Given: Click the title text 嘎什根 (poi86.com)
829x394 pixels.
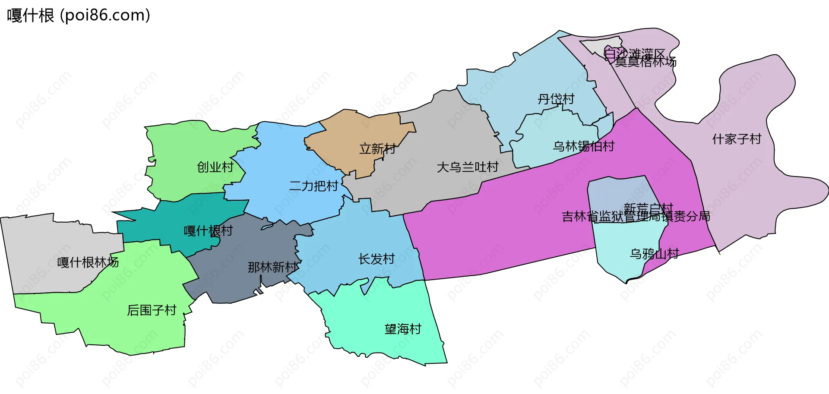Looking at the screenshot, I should pyautogui.click(x=79, y=16).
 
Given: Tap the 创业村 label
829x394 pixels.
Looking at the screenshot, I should pyautogui.click(x=215, y=167).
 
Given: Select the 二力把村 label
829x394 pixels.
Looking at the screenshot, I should pyautogui.click(x=313, y=186).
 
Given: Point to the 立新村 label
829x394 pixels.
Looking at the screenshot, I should pyautogui.click(x=378, y=149).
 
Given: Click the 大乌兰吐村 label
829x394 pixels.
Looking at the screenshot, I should pyautogui.click(x=468, y=167).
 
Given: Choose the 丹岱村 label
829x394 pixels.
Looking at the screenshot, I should pyautogui.click(x=556, y=99).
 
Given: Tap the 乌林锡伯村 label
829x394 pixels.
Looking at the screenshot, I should pyautogui.click(x=583, y=146).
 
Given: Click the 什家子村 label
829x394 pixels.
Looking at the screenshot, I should pyautogui.click(x=737, y=139).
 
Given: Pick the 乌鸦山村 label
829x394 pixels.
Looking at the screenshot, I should pyautogui.click(x=654, y=254).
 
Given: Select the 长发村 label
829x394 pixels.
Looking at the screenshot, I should pyautogui.click(x=377, y=259).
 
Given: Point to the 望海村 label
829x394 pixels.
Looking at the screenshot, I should pyautogui.click(x=403, y=329).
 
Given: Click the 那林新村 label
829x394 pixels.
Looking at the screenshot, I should pyautogui.click(x=273, y=268).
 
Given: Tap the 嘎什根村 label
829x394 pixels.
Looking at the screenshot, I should pyautogui.click(x=208, y=231).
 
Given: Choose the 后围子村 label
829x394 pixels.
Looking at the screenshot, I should pyautogui.click(x=152, y=310).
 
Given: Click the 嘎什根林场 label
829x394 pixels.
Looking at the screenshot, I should pyautogui.click(x=88, y=262).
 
